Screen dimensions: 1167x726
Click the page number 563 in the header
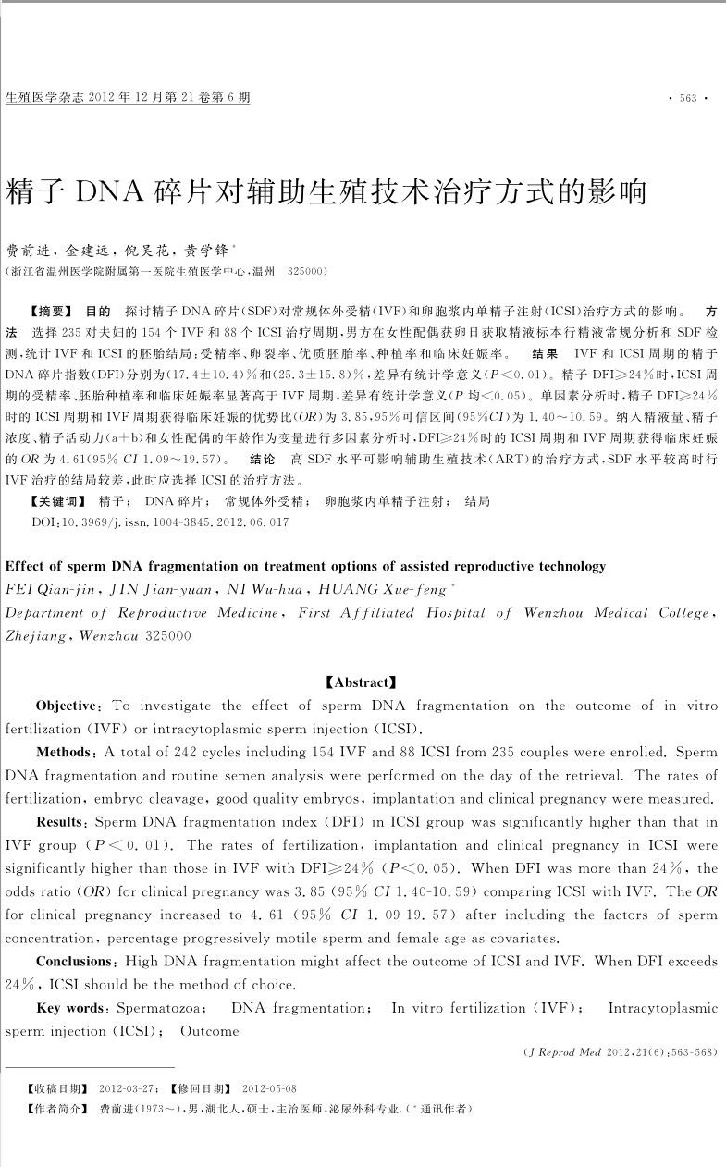point(687,98)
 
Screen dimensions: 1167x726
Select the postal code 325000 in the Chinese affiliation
point(305,272)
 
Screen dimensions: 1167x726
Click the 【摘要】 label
point(51,312)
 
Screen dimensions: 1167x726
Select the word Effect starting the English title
point(27,566)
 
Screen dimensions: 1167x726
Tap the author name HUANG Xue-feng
point(382,589)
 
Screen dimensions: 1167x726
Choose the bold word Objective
point(69,706)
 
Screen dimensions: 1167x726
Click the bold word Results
point(62,821)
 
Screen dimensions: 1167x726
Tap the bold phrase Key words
point(72,1008)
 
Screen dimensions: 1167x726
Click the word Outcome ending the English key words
point(210,1030)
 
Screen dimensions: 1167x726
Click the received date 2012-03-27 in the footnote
point(126,1088)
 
